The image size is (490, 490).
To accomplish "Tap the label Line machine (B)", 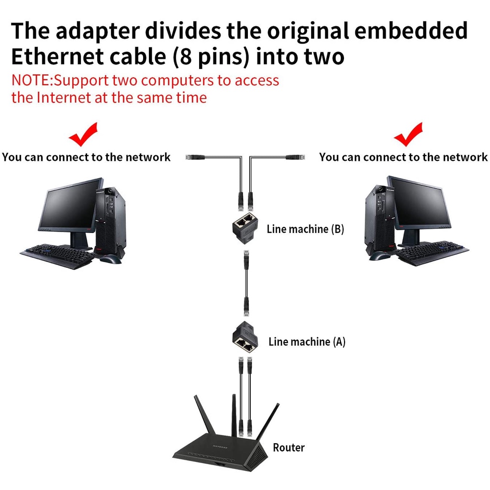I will pyautogui.click(x=305, y=229).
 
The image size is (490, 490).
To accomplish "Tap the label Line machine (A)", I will pyautogui.click(x=307, y=341).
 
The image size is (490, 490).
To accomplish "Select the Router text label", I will pyautogui.click(x=289, y=447).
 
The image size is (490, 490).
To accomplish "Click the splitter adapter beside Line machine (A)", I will pyautogui.click(x=245, y=338).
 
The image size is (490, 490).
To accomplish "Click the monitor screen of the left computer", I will pyautogui.click(x=69, y=206).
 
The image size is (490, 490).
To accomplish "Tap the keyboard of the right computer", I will pyautogui.click(x=432, y=253).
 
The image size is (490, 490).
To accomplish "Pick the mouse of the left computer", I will pyautogui.click(x=111, y=259).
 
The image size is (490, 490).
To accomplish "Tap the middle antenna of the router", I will pyautogui.click(x=234, y=414).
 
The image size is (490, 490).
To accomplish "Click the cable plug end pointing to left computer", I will pyautogui.click(x=194, y=156).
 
